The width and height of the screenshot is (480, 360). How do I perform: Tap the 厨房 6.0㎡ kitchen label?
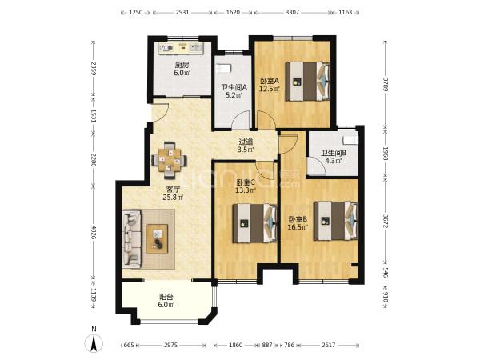(182, 69)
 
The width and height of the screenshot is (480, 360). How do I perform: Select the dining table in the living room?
(170, 160)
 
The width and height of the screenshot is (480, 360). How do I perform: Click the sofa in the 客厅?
(132, 238)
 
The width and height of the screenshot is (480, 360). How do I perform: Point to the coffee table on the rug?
(157, 238)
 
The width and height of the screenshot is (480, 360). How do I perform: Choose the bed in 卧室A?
(308, 81)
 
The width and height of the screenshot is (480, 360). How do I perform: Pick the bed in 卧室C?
(255, 223)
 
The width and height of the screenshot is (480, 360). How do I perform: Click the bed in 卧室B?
(336, 221)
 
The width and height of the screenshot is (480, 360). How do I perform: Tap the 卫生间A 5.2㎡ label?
(234, 91)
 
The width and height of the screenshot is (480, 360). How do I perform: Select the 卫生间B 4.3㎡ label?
(334, 157)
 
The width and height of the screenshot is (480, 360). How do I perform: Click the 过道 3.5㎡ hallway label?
(246, 146)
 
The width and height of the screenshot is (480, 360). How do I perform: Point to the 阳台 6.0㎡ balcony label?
(166, 301)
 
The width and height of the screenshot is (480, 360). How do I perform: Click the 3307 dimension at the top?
(292, 13)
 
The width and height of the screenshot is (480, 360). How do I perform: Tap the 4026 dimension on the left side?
(94, 234)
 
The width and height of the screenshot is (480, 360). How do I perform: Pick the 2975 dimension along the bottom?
(170, 345)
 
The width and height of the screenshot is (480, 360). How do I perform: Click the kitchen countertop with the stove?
(182, 48)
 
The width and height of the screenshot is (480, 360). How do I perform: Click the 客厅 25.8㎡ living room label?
(173, 194)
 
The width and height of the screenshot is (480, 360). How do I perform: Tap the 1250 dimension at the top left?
(136, 13)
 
